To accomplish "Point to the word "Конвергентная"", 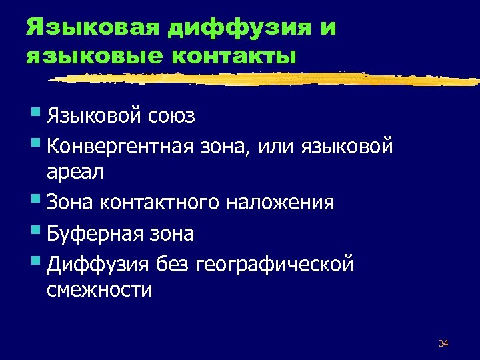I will click(x=118, y=145).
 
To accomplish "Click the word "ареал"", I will click(x=75, y=172).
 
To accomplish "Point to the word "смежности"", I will click(x=100, y=291).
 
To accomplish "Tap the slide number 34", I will click(x=443, y=343).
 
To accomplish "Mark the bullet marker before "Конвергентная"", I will click(x=35, y=143).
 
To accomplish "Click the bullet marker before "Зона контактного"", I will click(x=35, y=200).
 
